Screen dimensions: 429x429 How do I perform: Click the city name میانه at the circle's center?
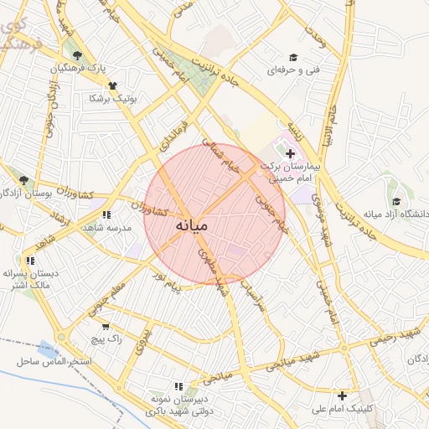pos(199,226)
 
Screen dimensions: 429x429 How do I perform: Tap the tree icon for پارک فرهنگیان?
pos(77,55)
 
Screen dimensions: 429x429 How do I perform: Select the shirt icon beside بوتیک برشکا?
pos(112,85)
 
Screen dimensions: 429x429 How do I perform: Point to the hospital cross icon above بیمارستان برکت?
pos(291,153)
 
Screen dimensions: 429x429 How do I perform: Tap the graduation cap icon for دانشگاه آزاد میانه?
pos(395,201)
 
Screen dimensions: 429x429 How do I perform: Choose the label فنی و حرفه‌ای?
pos(293,70)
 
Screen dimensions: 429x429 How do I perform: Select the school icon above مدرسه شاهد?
pos(106,214)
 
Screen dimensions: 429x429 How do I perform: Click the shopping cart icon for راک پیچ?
pos(106,326)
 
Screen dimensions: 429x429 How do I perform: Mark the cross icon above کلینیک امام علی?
pos(342,395)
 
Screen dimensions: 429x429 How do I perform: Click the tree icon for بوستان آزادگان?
pos(23,180)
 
